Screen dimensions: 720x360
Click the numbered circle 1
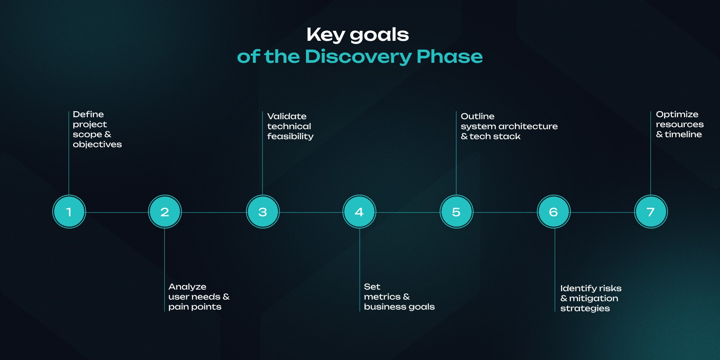coord(69,212)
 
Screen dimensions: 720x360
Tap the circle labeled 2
coord(165,212)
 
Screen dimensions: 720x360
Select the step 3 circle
coord(263,212)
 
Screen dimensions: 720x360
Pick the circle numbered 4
coord(359,212)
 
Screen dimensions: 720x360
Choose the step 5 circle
coord(456,212)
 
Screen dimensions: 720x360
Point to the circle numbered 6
coord(554,212)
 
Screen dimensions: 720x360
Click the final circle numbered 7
coord(651,212)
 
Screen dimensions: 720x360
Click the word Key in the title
coord(326,35)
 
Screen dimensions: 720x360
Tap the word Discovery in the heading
coord(358,57)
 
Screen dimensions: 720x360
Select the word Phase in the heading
coord(450,56)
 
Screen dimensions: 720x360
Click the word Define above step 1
coord(88,114)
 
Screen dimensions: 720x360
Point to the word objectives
coord(97,144)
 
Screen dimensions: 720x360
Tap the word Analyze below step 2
coord(187,287)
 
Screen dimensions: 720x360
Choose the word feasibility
coord(290,136)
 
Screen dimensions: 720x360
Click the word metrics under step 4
coord(382,297)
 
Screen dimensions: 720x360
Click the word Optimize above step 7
coord(677,115)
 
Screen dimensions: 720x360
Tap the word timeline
coord(683,134)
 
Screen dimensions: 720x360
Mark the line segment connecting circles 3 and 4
coord(311,212)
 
